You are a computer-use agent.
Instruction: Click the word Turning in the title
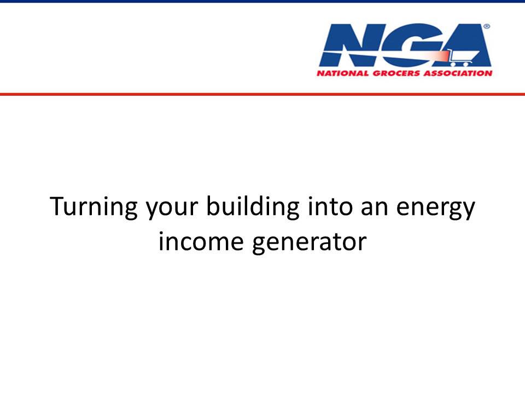(x=94, y=207)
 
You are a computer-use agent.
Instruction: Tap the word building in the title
(x=253, y=207)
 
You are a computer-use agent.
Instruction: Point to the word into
(x=330, y=206)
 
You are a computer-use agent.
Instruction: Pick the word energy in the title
(x=436, y=210)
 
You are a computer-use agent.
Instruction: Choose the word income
(x=201, y=241)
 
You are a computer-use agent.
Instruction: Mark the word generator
(x=309, y=243)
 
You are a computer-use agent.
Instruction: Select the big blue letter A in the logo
(x=465, y=45)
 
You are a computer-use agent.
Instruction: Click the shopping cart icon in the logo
(x=463, y=57)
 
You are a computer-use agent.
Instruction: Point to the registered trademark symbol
(x=487, y=26)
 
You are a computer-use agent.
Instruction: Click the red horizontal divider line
(x=262, y=94)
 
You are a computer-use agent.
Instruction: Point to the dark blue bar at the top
(x=262, y=1)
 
